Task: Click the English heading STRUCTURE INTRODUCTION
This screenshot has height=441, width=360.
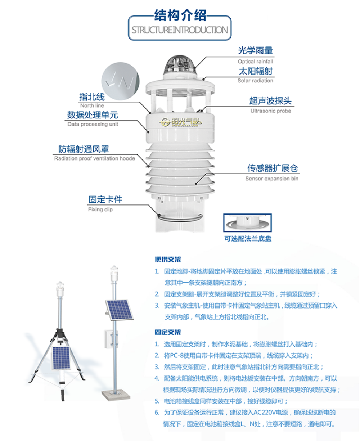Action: [x=180, y=30]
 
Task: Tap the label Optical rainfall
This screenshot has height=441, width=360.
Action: [x=255, y=62]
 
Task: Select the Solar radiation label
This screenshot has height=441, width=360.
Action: [x=255, y=81]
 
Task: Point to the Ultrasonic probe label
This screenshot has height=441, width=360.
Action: [x=271, y=111]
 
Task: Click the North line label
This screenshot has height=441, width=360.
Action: [x=92, y=105]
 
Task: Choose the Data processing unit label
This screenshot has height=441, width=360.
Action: [x=93, y=124]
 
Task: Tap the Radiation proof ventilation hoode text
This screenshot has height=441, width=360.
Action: [x=94, y=158]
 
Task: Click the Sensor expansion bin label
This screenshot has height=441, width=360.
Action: [x=272, y=178]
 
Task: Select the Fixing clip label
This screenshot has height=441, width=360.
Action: [x=100, y=209]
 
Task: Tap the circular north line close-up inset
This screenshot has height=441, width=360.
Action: [x=120, y=81]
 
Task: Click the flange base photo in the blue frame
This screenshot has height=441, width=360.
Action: [x=247, y=223]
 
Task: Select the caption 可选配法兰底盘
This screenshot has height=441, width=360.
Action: [x=248, y=239]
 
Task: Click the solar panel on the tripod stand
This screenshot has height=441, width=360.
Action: [x=61, y=358]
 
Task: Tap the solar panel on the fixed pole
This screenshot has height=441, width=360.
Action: [x=119, y=310]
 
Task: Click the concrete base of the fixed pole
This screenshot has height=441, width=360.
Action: [x=116, y=395]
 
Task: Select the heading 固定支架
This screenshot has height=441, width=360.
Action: [x=168, y=332]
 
